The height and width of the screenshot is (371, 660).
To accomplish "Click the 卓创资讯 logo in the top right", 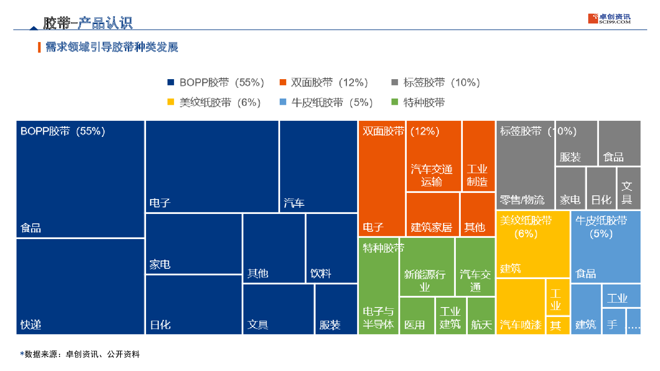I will pyautogui.click(x=609, y=19).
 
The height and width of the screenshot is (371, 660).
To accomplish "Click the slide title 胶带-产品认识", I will pyautogui.click(x=87, y=23).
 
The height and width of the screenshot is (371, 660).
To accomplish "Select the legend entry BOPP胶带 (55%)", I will pyautogui.click(x=216, y=82).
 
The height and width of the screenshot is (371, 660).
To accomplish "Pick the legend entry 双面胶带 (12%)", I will pyautogui.click(x=324, y=82).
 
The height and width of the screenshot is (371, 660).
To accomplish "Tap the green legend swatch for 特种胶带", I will pyautogui.click(x=394, y=102).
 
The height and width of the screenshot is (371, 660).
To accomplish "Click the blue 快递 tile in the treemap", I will pyautogui.click(x=80, y=286).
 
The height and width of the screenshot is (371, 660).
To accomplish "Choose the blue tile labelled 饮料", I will pyautogui.click(x=331, y=248).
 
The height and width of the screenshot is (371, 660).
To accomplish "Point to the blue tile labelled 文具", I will pyautogui.click(x=278, y=309).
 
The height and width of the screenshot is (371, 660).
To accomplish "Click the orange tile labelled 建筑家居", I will pyautogui.click(x=432, y=214).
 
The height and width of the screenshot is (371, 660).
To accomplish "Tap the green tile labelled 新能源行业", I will pyautogui.click(x=427, y=267).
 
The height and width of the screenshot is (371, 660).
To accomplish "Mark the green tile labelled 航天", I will pyautogui.click(x=481, y=316).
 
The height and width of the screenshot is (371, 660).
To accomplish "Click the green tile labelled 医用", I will pyautogui.click(x=417, y=316).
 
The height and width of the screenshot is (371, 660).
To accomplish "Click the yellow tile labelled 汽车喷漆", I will pyautogui.click(x=520, y=307).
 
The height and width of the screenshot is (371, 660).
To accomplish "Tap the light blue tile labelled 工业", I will pyautogui.click(x=621, y=296).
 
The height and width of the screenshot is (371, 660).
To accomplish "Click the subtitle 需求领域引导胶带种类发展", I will pyautogui.click(x=111, y=47).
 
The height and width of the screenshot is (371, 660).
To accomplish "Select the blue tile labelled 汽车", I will pyautogui.click(x=318, y=167).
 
